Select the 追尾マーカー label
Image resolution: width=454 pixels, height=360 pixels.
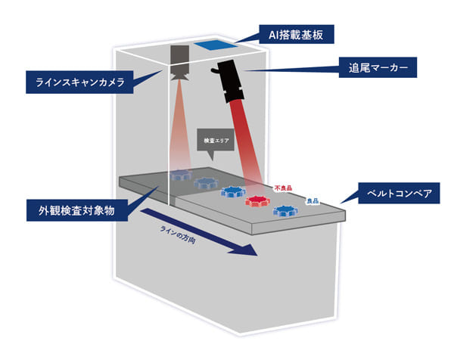pyautogui.click(x=375, y=68)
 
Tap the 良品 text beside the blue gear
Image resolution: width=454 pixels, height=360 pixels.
pyautogui.click(x=313, y=201)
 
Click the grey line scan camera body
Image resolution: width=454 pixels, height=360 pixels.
pyautogui.click(x=180, y=58)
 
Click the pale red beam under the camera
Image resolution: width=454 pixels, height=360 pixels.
pyautogui.click(x=180, y=129)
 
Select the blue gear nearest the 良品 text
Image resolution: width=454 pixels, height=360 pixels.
pyautogui.click(x=285, y=211)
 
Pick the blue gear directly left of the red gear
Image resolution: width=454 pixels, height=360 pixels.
pyautogui.click(x=232, y=191)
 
